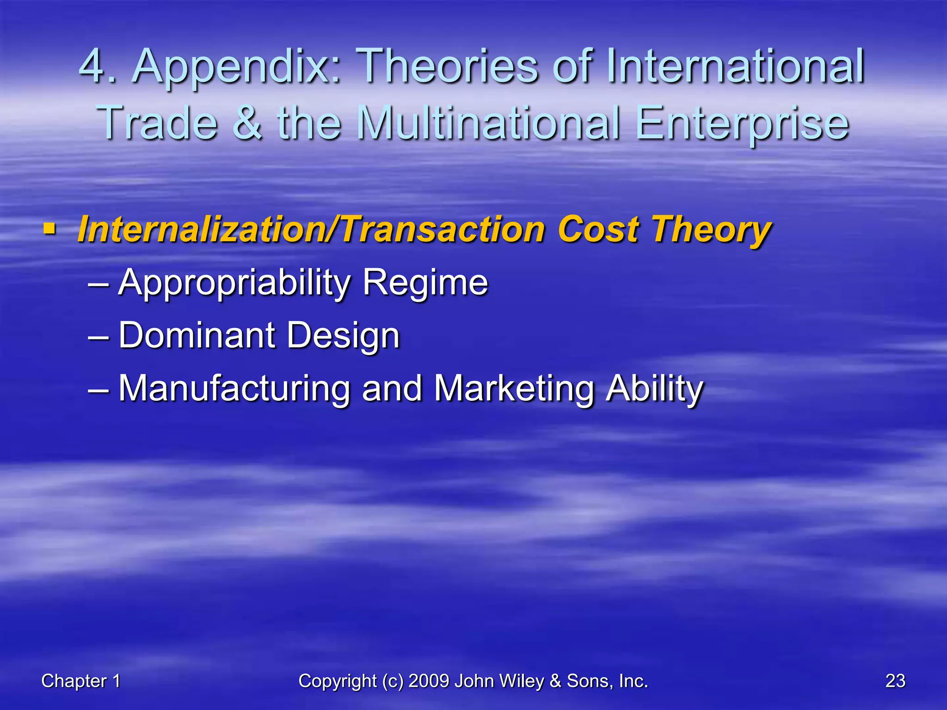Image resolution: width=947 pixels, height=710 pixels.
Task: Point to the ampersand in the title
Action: point(247,123)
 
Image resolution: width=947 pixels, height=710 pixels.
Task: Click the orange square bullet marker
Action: point(49,228)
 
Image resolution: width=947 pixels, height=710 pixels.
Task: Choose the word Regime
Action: point(425,283)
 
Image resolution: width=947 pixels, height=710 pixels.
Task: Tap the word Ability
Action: point(654,389)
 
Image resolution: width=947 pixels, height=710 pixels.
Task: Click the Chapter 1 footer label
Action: point(81,681)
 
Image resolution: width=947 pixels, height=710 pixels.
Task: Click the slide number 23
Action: point(895,681)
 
